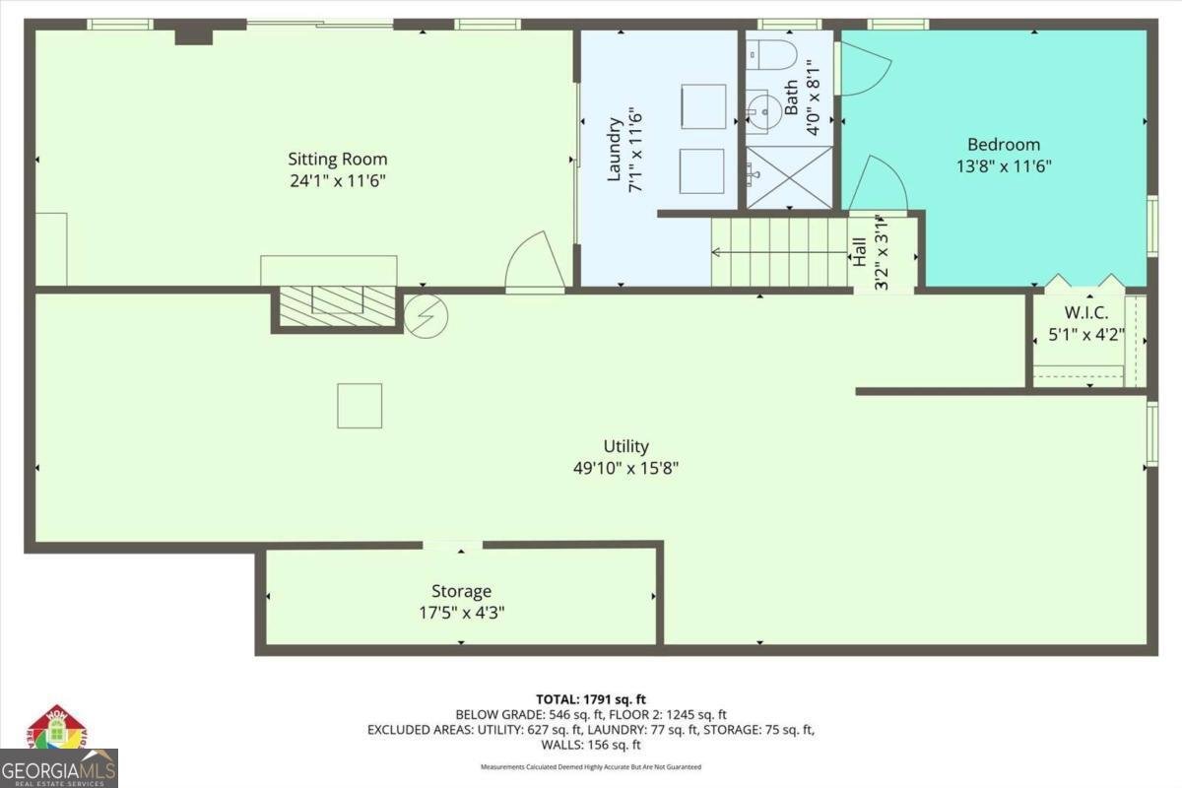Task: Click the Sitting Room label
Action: (337, 159)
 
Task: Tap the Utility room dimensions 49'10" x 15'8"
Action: (625, 469)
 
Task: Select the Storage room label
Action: (461, 591)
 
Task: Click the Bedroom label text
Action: (1004, 145)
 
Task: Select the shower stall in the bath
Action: (789, 177)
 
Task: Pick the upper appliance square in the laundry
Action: (703, 106)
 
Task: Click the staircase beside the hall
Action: (778, 252)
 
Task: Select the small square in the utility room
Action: (360, 405)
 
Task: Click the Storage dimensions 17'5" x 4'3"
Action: (461, 612)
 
